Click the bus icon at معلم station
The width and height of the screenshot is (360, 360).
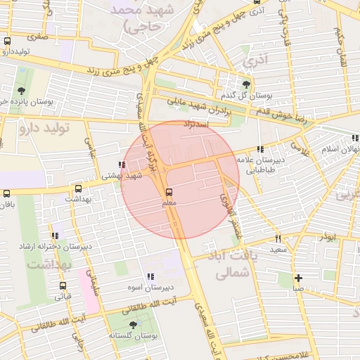coord(169,192)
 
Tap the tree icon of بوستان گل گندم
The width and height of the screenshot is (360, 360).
coord(245,84)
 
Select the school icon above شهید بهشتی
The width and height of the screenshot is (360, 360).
coord(123,165)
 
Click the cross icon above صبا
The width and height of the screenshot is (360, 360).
coord(299,278)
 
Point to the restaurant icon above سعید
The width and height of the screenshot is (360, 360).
coord(278,238)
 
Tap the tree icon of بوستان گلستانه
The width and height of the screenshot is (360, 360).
coord(133,325)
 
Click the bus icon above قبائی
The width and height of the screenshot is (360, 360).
coord(63,286)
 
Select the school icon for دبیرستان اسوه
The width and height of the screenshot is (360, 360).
coord(150,277)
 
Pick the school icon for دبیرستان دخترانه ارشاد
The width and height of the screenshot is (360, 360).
coord(55,236)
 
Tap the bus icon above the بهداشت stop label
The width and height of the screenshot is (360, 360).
coord(77,188)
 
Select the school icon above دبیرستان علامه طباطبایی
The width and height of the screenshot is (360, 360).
coord(261,149)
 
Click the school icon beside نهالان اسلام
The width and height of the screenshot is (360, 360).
coord(356,139)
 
